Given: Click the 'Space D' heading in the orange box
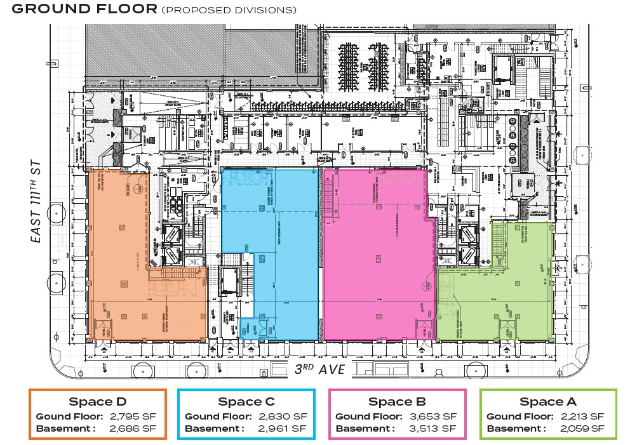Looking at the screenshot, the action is point(97,402).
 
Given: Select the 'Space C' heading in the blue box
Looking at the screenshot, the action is point(246,402).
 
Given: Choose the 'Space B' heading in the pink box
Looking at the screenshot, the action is point(397,402).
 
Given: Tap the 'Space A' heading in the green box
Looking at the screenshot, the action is point(548,402).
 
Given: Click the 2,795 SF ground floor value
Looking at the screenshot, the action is point(133,416).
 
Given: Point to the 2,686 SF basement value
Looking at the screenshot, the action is point(133,428).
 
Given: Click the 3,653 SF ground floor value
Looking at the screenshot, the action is point(434,416).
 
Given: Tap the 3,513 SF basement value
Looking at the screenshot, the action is point(434,428).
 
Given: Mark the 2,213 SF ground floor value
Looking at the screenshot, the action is point(583,416).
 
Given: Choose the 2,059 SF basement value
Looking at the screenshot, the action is point(583,428).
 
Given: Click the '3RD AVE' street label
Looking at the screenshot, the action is point(319,369).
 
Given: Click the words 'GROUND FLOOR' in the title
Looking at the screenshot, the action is point(84,9).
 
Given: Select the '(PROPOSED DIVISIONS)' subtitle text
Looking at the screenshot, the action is point(229,10).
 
